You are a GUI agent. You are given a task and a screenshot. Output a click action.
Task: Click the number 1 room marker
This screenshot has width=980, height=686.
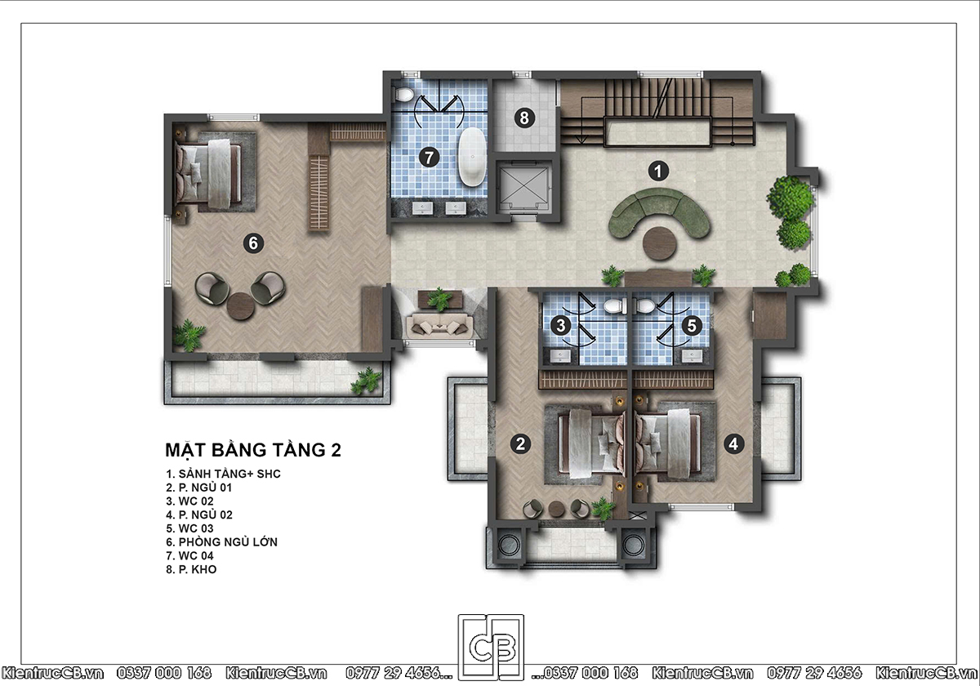coord(658,171)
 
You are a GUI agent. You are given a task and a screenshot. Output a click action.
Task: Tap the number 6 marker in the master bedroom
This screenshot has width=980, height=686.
coord(253,243)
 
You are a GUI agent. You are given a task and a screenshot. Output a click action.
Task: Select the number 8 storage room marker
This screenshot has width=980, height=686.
coord(524,118)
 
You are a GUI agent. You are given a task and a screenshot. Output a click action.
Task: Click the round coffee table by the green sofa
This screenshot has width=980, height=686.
coord(660,243)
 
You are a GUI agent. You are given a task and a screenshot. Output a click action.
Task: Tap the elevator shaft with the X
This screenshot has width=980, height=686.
coord(523,187)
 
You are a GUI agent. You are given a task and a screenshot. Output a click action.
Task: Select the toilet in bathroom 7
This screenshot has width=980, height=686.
coord(403,94)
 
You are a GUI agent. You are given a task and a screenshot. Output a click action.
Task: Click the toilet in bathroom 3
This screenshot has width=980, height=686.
coord(615,305)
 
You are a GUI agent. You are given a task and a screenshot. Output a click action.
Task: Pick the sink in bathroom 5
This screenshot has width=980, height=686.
coord(692,356)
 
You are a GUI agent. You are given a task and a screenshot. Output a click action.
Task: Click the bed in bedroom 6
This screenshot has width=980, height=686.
coord(208,173)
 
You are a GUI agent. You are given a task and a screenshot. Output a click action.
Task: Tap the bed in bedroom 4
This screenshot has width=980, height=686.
coord(668,443)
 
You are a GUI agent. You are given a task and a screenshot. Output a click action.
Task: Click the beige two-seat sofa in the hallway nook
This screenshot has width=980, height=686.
coord(439,326)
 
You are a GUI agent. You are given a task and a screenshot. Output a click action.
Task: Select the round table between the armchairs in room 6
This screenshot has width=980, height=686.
coord(240,305)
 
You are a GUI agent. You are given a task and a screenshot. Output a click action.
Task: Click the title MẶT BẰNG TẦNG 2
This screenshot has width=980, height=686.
coord(253,450)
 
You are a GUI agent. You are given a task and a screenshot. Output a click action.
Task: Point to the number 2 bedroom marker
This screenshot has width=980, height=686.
coord(521,444)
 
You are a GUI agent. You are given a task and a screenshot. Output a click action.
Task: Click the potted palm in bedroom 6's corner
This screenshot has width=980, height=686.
coord(189,335)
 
